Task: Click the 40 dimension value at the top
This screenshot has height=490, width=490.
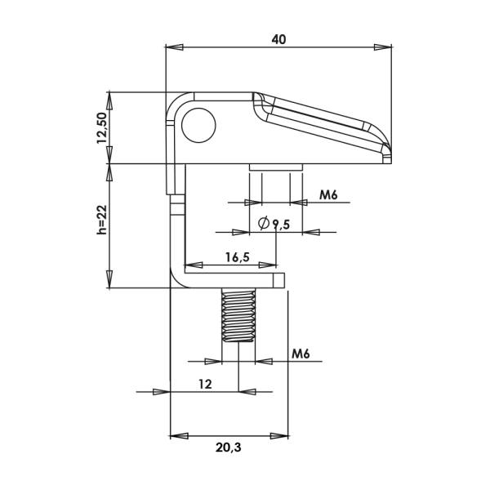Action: coord(278,40)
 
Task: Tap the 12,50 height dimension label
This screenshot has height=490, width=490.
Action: coord(102,128)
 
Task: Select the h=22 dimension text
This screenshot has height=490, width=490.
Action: coord(102,220)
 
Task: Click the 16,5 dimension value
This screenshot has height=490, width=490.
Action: coord(238,257)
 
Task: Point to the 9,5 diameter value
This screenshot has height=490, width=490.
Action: coord(281,225)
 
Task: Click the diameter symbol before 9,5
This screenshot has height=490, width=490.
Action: coord(264,223)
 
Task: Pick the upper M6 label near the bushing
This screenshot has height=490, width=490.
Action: coord(328,195)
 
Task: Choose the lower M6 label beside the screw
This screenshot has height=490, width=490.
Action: coord(301,354)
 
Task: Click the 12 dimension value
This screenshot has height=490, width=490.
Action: coord(205,384)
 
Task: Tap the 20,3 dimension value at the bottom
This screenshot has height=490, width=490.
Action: coord(229,448)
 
